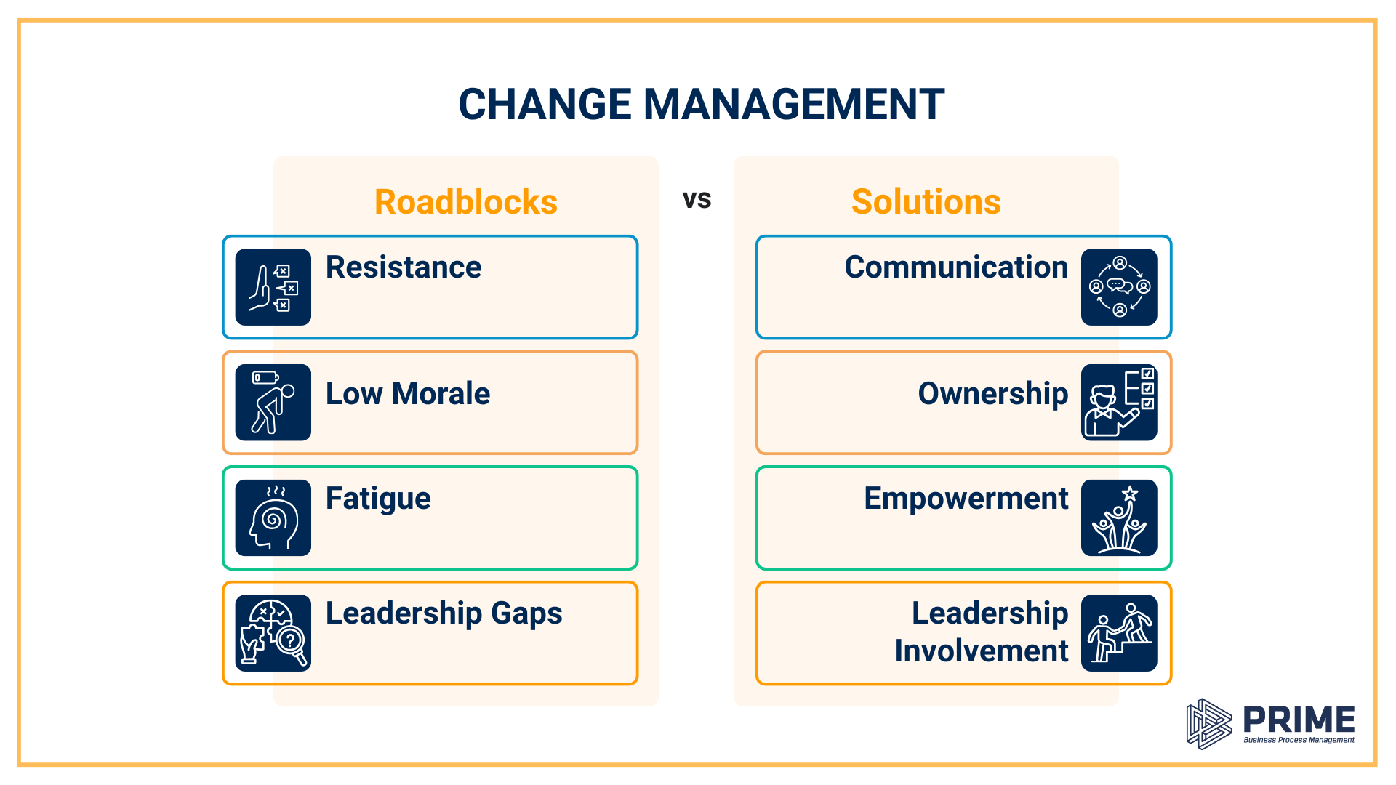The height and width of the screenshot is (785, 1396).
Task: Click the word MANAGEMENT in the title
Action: click(793, 104)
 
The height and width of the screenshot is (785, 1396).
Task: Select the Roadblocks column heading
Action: click(465, 202)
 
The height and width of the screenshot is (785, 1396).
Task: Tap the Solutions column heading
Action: click(926, 202)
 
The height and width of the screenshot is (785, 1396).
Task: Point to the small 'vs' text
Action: click(697, 200)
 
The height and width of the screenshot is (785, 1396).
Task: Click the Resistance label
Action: click(403, 267)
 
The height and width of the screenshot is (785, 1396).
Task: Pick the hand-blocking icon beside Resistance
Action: click(273, 287)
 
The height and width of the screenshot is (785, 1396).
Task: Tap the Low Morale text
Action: click(407, 394)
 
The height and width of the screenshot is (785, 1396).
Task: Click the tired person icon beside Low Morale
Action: click(273, 403)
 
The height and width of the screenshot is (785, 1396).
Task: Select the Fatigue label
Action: click(378, 499)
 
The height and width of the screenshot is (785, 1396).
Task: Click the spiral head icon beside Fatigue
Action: click(273, 518)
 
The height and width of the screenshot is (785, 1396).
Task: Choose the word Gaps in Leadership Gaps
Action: click(526, 614)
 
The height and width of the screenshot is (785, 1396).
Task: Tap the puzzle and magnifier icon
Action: click(273, 633)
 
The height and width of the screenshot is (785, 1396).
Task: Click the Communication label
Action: click(955, 267)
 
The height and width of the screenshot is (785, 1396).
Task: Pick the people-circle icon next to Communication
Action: click(1119, 287)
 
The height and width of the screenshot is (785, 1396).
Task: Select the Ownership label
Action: click(992, 394)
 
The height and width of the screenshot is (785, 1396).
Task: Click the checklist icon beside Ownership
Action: click(1119, 403)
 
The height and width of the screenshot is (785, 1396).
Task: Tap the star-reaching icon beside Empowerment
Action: click(1119, 518)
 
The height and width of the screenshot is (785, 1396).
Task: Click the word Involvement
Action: click(981, 651)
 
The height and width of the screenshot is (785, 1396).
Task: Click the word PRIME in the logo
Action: click(1299, 720)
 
